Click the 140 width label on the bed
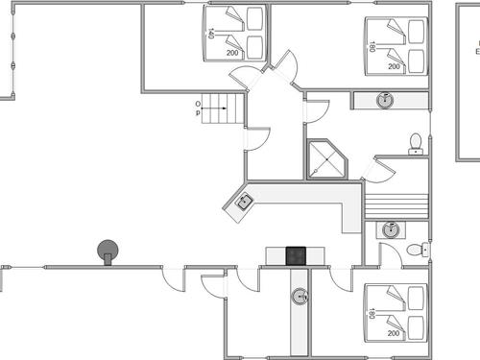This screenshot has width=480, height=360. coord(210,34)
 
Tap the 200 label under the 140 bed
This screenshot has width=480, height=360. coord(232,54)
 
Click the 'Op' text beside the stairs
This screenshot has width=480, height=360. coord(199,108)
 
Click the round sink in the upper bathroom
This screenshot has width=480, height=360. coord(385,100)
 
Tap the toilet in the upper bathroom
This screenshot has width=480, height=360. coord(416,144)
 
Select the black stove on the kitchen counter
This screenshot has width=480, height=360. coord(297,255)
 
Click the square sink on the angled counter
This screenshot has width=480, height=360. coord(245,202)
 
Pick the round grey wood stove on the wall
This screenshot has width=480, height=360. coord(108,251)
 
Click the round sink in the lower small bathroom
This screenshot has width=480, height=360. coord(390,230)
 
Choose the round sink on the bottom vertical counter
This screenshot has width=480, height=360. coord(300,296)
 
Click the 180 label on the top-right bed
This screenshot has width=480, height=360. coord(372,45)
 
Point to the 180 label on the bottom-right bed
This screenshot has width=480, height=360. coord(370,313)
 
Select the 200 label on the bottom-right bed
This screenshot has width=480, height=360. coord(394,334)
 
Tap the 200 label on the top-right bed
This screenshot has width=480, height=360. coord(394,67)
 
